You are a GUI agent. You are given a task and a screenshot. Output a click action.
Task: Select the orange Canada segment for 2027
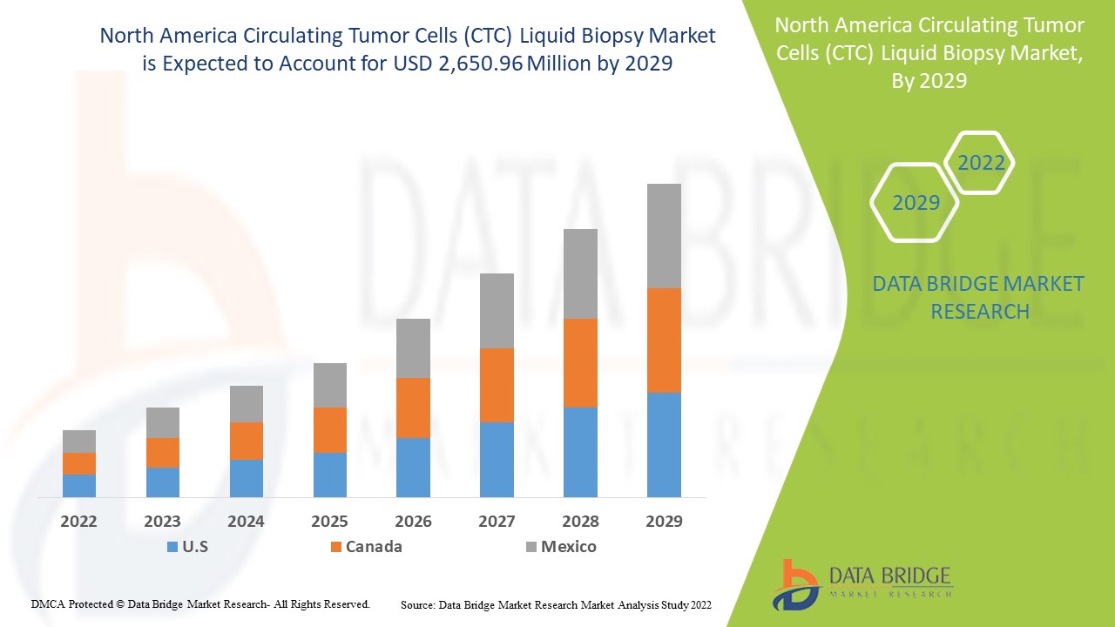click(x=497, y=385)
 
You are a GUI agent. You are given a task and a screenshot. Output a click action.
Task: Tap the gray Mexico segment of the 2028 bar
click(x=580, y=273)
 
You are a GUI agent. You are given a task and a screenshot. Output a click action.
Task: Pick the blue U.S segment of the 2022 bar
click(x=79, y=485)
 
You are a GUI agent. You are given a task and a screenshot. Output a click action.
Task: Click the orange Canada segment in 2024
click(x=247, y=441)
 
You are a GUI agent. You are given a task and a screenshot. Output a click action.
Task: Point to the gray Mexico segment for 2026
click(x=413, y=347)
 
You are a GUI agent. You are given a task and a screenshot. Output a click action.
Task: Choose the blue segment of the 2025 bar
click(x=330, y=475)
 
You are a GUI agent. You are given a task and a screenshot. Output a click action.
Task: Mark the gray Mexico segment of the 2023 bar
click(x=163, y=422)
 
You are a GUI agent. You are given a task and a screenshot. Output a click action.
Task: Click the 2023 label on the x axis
click(x=163, y=522)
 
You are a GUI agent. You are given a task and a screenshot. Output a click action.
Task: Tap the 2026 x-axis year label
click(x=413, y=522)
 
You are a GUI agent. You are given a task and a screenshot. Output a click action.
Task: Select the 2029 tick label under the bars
click(x=664, y=522)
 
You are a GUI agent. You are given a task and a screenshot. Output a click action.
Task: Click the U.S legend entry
click(x=187, y=547)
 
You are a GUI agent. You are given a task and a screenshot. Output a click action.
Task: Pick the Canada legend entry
click(x=366, y=547)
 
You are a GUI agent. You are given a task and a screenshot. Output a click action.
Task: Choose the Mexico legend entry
click(x=561, y=547)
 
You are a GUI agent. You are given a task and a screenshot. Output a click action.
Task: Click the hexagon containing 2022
click(x=981, y=163)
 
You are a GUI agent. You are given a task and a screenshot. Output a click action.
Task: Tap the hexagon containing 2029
click(x=916, y=203)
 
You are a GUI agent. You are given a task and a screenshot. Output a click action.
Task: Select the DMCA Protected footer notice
click(x=200, y=603)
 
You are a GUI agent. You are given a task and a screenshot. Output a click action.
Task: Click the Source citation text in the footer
click(x=556, y=603)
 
